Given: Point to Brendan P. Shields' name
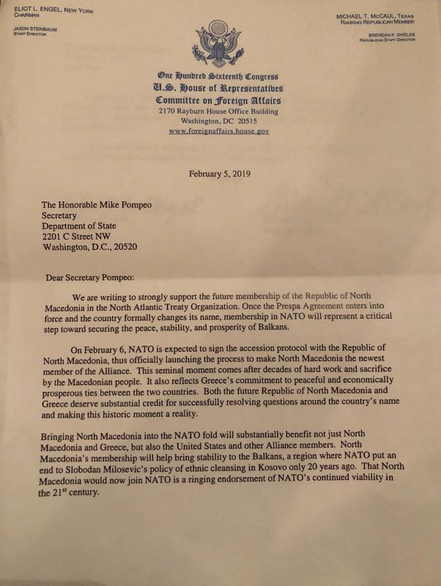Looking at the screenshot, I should coord(388,34).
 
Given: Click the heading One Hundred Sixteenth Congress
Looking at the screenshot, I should coord(218,77).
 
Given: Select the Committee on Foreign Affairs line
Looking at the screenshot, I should coord(218,100).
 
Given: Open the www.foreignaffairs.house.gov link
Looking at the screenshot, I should coord(218,131).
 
